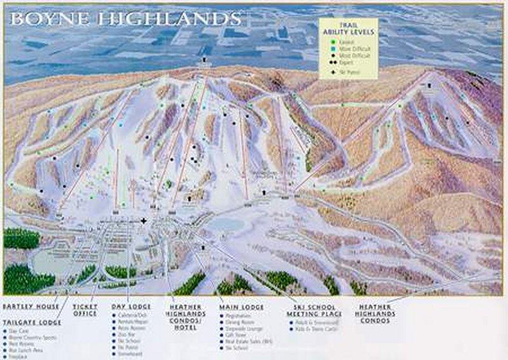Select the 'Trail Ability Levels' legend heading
tap(347, 29)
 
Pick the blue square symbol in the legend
tap(331, 48)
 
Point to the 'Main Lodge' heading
tap(241, 306)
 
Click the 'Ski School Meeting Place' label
tap(314, 310)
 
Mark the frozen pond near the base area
tap(225, 224)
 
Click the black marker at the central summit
tap(204, 60)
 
